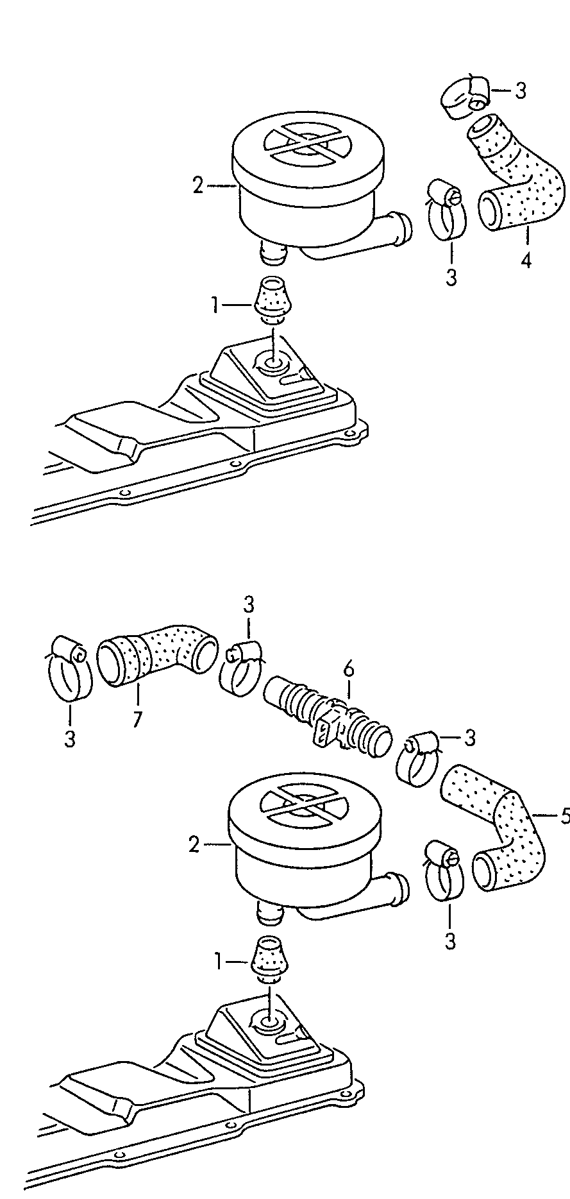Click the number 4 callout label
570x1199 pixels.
tap(526, 261)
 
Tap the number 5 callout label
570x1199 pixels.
tap(564, 815)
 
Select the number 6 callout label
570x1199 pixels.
tap(348, 669)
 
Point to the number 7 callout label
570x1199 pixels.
tap(137, 720)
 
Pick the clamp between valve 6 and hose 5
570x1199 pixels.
tap(417, 757)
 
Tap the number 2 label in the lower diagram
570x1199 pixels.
tap(195, 846)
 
